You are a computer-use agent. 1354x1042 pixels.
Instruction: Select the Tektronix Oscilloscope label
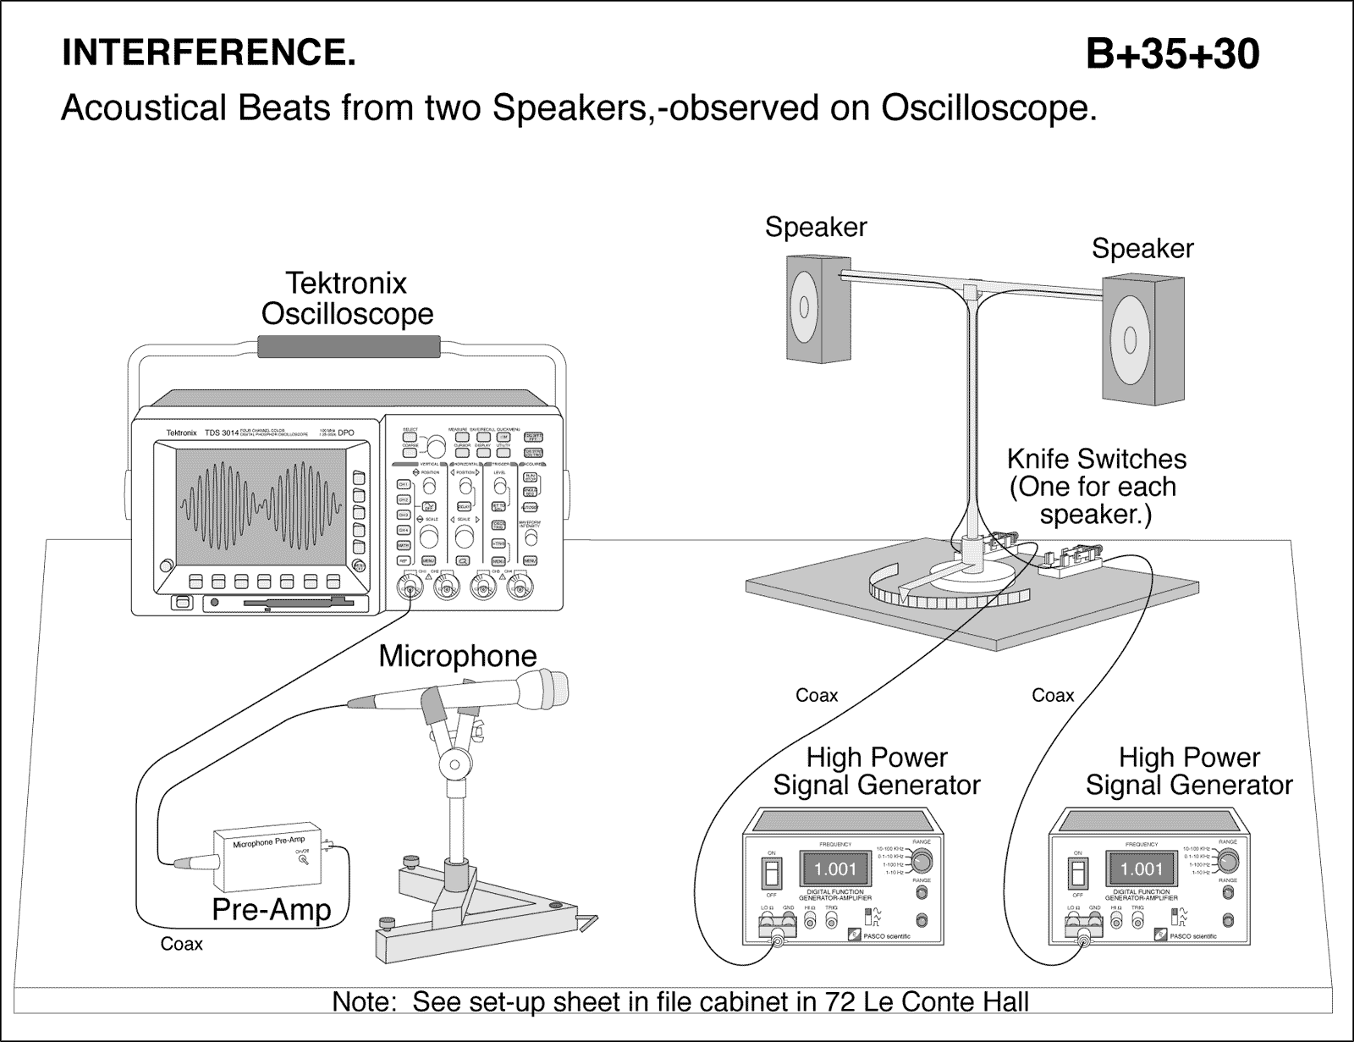pos(347,298)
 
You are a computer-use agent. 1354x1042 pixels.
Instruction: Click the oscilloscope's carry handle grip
pos(348,345)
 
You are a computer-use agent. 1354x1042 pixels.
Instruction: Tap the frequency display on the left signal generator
pos(834,869)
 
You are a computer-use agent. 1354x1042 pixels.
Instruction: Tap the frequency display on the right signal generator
pos(1142,869)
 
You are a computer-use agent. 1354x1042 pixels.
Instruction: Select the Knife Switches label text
pos(1096,487)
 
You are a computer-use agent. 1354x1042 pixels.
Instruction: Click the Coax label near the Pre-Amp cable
pos(181,944)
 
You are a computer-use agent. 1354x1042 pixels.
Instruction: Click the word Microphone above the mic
pos(457,656)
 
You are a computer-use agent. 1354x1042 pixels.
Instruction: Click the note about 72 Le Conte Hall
pos(680,1002)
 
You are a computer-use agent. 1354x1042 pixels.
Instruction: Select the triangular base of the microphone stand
pos(474,914)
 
